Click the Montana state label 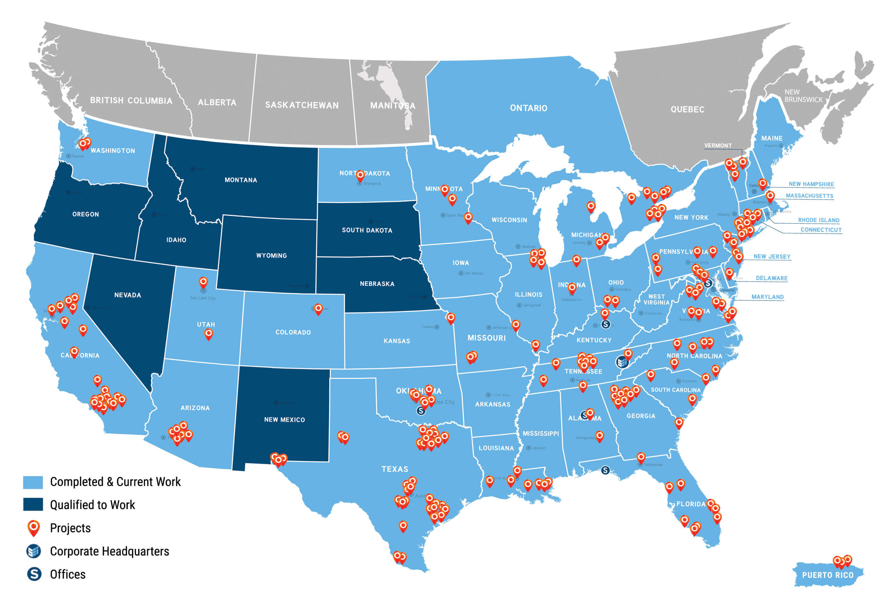click(241, 180)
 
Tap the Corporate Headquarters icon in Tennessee click(622, 361)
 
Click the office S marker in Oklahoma click(421, 411)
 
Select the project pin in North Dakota click(360, 176)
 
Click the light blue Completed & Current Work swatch click(33, 482)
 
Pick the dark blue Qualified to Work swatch click(33, 505)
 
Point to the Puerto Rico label click(827, 575)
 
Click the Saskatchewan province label click(301, 105)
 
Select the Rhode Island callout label click(819, 220)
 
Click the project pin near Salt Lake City click(203, 282)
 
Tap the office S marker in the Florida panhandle click(605, 470)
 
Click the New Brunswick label click(803, 96)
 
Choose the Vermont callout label click(718, 146)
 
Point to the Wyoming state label click(271, 256)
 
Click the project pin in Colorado click(318, 308)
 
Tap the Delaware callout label click(772, 278)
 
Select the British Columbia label click(131, 101)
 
